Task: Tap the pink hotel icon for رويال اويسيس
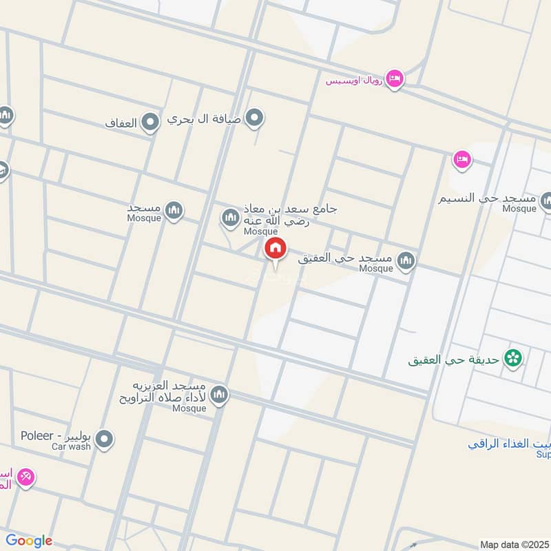[395, 79]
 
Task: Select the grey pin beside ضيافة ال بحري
[255, 118]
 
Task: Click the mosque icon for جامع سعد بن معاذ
[229, 218]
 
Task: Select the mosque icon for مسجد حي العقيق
[407, 259]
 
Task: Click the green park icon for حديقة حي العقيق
[512, 357]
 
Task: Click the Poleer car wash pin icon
[105, 439]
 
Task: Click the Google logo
[28, 541]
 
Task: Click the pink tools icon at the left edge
[26, 476]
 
